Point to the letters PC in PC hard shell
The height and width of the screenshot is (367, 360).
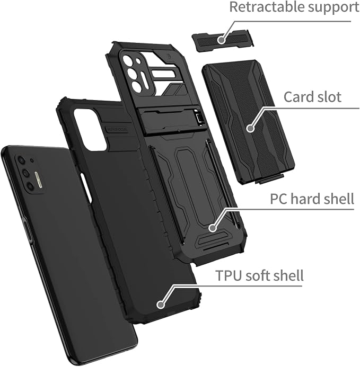point(279,199)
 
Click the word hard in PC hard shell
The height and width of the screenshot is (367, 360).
point(305,199)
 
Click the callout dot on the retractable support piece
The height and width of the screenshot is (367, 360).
point(221,40)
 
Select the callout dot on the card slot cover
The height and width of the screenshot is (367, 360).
point(251,128)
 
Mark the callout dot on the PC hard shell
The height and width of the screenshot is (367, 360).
point(213,228)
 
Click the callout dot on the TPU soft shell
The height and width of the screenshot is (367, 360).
point(161,305)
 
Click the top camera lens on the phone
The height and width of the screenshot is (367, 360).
point(22,160)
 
